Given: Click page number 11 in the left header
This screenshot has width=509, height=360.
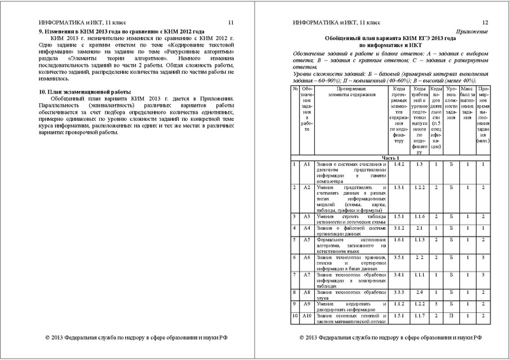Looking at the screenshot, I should point(230,22).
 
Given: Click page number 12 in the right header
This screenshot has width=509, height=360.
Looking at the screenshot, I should point(484,22).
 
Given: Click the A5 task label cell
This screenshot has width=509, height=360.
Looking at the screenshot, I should point(306,240).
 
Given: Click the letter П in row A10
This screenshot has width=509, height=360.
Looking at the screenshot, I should point(450,315).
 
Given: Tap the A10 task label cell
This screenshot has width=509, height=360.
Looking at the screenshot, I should point(306,315).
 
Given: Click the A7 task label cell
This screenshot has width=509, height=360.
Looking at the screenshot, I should point(306,275).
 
